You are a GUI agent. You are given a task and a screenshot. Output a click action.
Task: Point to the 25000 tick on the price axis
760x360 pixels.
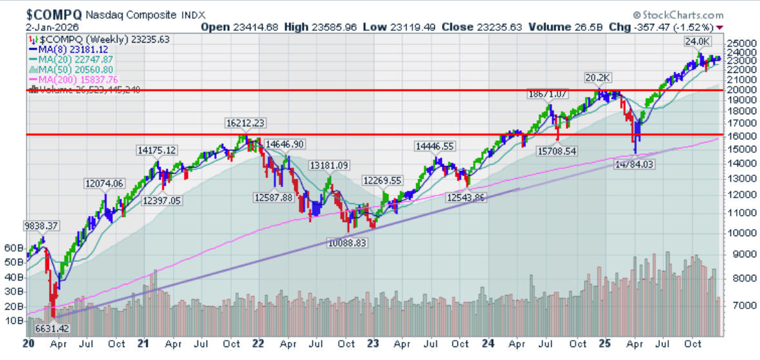coord(739,43)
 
